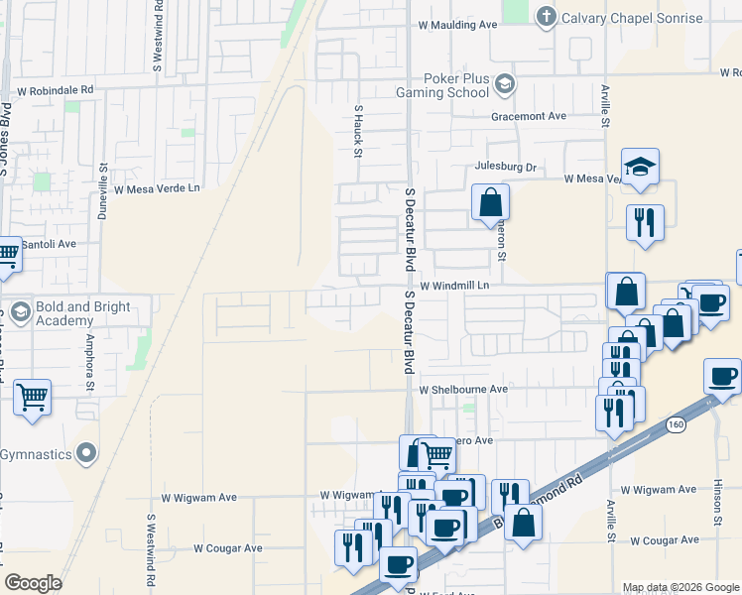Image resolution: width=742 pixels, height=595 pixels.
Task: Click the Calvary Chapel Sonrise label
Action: point(632,18)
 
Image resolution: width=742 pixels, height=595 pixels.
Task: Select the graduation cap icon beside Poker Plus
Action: point(505,85)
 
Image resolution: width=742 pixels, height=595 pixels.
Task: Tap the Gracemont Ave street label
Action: point(529,116)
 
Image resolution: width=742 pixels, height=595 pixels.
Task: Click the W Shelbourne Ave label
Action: point(462,390)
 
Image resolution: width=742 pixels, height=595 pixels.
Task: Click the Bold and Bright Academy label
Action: point(84,313)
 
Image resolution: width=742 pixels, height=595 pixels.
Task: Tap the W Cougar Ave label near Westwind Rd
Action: point(227,547)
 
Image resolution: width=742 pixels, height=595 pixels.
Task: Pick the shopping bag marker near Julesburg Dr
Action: point(490,203)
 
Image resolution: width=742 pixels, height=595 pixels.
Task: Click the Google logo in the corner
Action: point(33,583)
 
